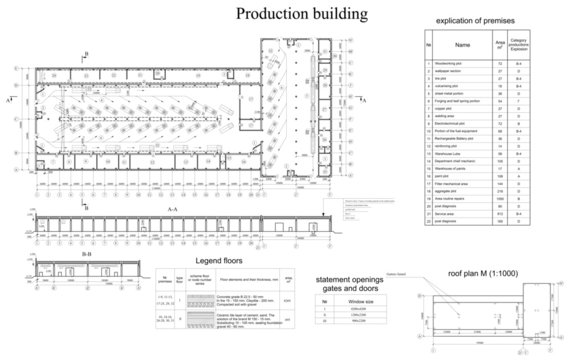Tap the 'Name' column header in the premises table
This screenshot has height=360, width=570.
point(462,45)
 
